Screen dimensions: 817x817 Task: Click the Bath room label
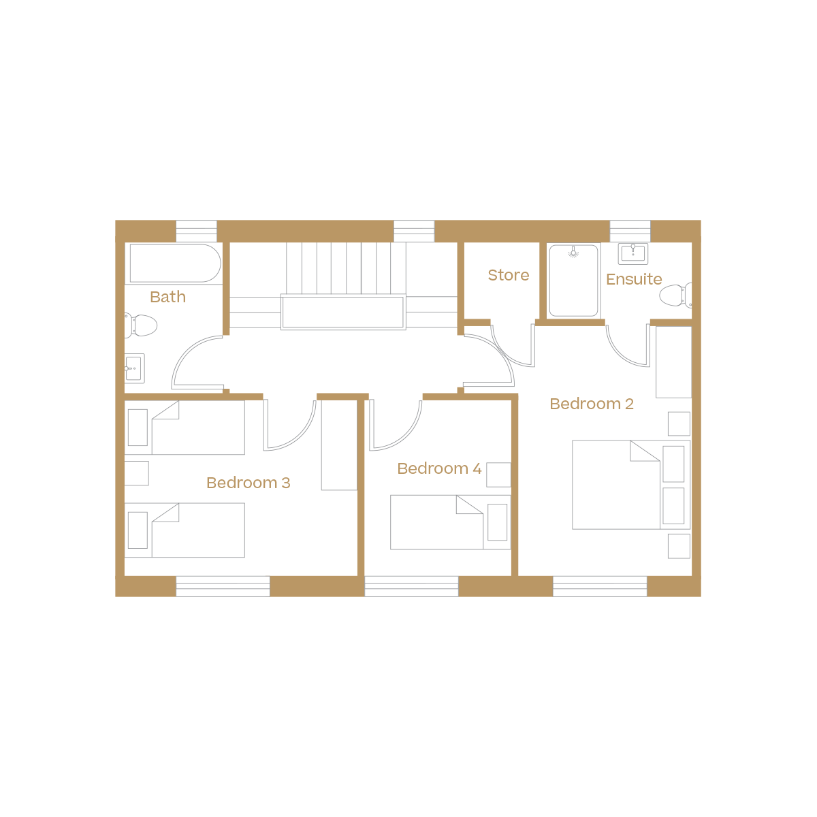(167, 297)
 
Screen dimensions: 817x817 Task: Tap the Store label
(508, 275)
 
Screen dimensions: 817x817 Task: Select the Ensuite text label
(634, 279)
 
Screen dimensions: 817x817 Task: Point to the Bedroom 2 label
(592, 404)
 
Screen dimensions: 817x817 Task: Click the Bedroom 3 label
(248, 483)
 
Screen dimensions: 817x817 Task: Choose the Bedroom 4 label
(439, 468)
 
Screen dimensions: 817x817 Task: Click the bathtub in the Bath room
(174, 263)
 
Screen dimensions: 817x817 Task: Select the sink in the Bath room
(134, 368)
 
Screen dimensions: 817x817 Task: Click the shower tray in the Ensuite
(574, 281)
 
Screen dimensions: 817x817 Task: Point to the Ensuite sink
(633, 254)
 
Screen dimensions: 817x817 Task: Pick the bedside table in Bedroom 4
(498, 475)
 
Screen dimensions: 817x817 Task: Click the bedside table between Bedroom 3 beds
(136, 473)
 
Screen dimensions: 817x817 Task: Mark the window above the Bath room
(196, 231)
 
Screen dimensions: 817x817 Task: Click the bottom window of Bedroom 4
(411, 586)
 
